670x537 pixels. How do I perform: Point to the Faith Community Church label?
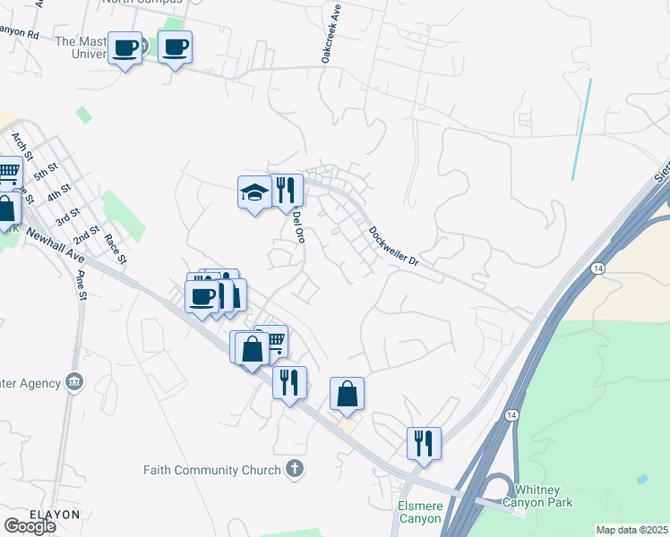(213, 470)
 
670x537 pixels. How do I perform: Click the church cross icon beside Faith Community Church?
(294, 469)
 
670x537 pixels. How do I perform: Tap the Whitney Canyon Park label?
(537, 496)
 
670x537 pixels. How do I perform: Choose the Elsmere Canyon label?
(419, 512)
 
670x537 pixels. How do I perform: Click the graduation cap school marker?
(254, 192)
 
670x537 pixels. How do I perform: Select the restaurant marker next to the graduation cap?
(287, 190)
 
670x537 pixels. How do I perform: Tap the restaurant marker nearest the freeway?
(424, 443)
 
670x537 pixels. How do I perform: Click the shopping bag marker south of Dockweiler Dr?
(347, 393)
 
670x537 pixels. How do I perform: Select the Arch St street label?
(21, 147)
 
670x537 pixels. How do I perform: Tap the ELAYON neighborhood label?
(42, 515)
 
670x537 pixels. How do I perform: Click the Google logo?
(30, 526)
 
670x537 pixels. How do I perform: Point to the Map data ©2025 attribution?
(631, 530)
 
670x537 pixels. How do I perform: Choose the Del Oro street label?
(299, 226)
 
